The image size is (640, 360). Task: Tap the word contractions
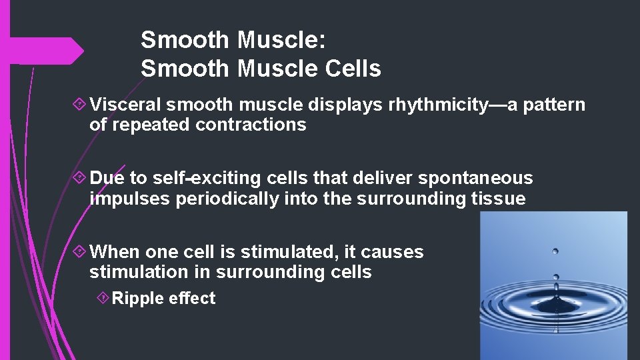(x=251, y=125)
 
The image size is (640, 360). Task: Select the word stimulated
(x=288, y=251)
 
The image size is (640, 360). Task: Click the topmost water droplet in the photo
(x=555, y=252)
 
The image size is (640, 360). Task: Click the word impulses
(x=130, y=198)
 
